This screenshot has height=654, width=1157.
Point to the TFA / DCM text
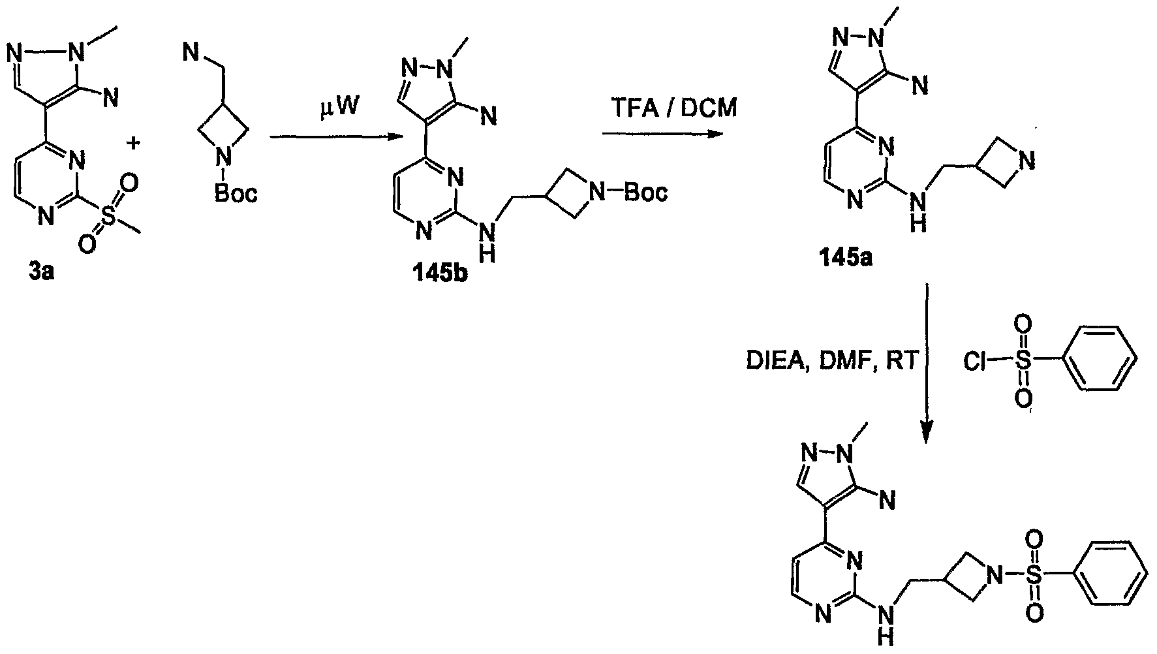point(669,108)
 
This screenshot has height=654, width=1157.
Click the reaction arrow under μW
point(335,137)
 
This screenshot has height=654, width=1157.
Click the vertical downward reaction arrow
point(927,363)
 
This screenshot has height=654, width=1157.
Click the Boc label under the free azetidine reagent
point(236,193)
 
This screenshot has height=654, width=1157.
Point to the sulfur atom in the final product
point(1033,574)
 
